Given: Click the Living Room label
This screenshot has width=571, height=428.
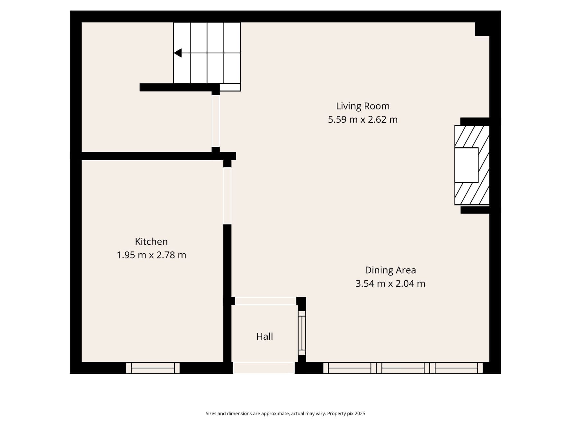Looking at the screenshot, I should tap(362, 106).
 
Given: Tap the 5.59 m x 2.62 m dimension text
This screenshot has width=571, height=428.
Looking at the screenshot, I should tap(362, 119).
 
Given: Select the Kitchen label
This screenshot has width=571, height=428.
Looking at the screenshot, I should tap(151, 241).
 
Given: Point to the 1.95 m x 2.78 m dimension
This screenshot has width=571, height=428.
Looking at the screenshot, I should tap(151, 255).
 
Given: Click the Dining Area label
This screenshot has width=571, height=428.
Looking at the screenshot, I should tap(390, 270).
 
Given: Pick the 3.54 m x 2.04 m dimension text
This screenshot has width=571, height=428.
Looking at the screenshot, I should tap(390, 284).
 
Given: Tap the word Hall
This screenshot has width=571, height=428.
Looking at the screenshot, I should tap(264, 336).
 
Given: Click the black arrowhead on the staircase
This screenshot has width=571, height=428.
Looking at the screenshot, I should tap(178, 53).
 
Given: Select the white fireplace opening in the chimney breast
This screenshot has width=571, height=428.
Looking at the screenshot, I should tap(466, 165).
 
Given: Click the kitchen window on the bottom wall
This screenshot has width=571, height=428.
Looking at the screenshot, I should tap(153, 368).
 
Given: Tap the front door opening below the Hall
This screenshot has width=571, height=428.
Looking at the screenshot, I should tap(264, 368).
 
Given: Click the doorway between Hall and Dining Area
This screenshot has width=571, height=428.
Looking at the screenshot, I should tap(302, 333).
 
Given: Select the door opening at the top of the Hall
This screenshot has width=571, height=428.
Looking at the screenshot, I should tap(265, 301).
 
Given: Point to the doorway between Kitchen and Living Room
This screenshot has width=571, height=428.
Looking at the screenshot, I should tap(227, 196).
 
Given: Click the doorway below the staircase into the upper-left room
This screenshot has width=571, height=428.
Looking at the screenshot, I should tap(216, 121).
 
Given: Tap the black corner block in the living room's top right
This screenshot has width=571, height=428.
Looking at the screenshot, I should tap(482, 29).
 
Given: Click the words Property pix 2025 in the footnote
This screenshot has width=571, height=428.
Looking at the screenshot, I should tap(346, 414).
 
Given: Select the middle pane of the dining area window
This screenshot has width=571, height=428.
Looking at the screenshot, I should tap(403, 368).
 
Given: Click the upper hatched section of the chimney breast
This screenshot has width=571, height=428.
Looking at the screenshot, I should tap(471, 136).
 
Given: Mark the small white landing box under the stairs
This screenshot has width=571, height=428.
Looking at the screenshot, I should tap(230, 87).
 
